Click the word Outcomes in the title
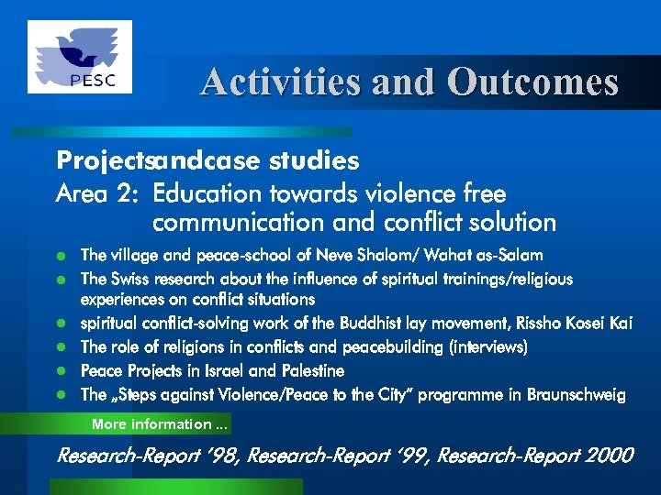[532, 82]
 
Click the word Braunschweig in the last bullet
[577, 395]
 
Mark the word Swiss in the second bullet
[129, 279]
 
